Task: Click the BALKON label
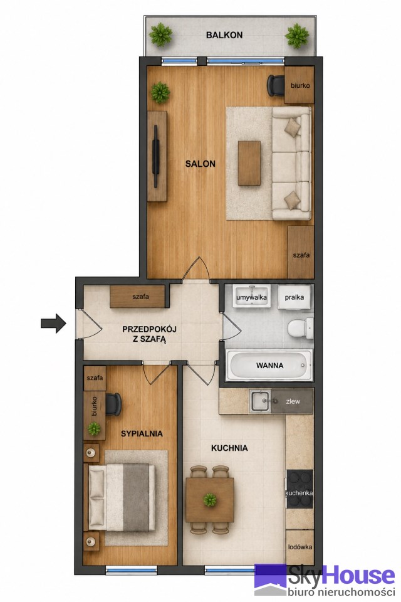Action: pos(224,35)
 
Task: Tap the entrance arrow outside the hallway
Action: pos(53,324)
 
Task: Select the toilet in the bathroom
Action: pos(301,328)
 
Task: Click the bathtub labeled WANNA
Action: pos(269,365)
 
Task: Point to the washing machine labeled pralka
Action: pos(294,297)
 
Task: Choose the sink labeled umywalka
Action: pos(252,296)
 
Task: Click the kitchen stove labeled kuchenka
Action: pos(299,489)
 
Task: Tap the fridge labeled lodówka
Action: pos(299,547)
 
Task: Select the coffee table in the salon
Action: pos(249,163)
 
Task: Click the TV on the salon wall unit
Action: pos(156,156)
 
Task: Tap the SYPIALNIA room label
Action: pos(142,434)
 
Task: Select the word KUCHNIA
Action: pos(229,448)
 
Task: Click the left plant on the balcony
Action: pos(161,35)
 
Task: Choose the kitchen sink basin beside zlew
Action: pos(261,401)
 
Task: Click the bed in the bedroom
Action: pos(122,497)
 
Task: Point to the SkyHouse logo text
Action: pos(341,576)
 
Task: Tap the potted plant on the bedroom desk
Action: pos(93,428)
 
